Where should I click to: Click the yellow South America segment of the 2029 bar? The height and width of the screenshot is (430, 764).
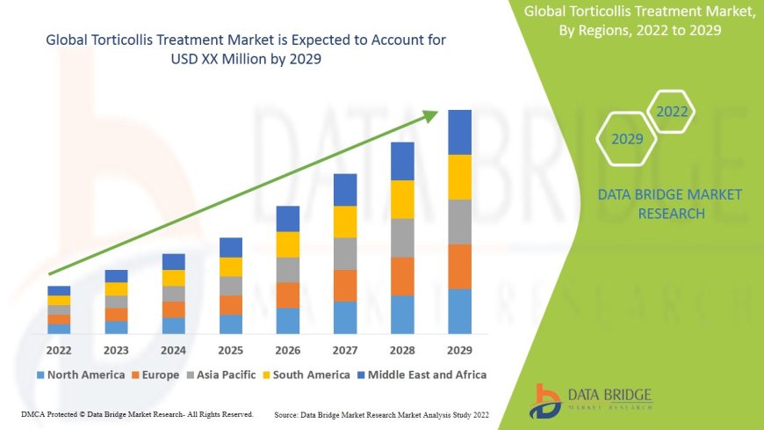pyautogui.click(x=459, y=177)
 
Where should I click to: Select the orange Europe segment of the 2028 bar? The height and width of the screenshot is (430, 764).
pyautogui.click(x=402, y=275)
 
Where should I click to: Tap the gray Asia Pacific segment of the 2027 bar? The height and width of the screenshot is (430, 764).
pyautogui.click(x=345, y=253)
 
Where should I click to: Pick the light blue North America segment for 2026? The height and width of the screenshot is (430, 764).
pyautogui.click(x=288, y=320)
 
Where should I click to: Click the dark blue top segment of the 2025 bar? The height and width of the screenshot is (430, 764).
pyautogui.click(x=231, y=247)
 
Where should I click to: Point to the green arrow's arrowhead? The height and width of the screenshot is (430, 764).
pyautogui.click(x=431, y=114)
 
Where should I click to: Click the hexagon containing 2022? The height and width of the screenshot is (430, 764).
pyautogui.click(x=672, y=112)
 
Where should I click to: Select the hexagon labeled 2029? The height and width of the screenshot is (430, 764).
pyautogui.click(x=627, y=139)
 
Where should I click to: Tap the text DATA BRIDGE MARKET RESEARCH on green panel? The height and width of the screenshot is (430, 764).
pyautogui.click(x=669, y=204)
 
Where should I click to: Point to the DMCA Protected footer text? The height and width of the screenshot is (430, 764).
pyautogui.click(x=136, y=413)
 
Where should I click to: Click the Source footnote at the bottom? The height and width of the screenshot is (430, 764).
pyautogui.click(x=381, y=413)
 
